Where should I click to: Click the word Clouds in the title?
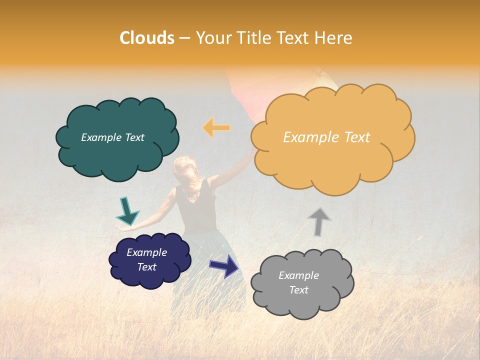pyautogui.click(x=147, y=38)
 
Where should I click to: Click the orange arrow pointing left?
pyautogui.click(x=216, y=128)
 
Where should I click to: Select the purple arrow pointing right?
pyautogui.click(x=224, y=265)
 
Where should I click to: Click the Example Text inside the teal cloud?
pyautogui.click(x=112, y=137)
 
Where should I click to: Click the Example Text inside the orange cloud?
pyautogui.click(x=326, y=137)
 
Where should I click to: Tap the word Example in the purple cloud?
pyautogui.click(x=146, y=252)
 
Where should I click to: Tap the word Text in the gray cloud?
pyautogui.click(x=298, y=290)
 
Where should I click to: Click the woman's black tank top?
pyautogui.click(x=197, y=205)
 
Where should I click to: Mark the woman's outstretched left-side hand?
pyautogui.click(x=121, y=228)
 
